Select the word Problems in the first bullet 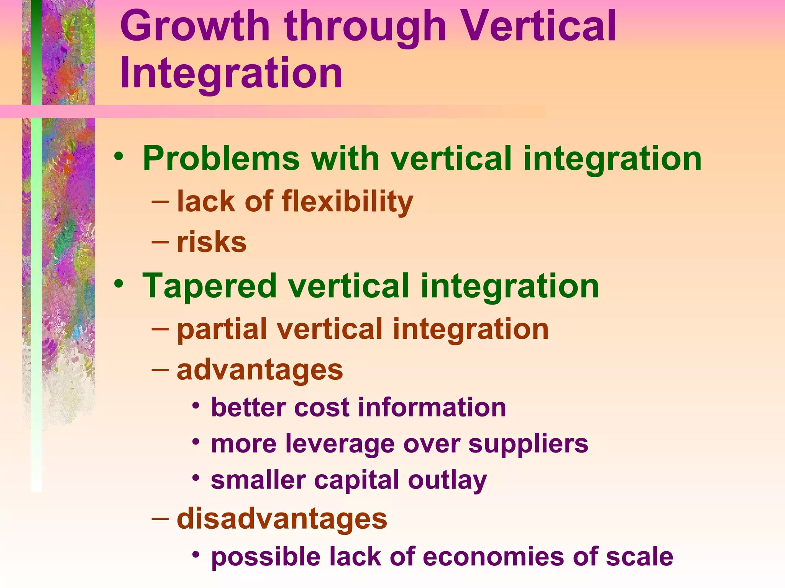click(221, 158)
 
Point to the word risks click(212, 242)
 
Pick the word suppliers click(528, 444)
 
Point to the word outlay click(447, 480)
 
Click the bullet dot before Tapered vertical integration click(119, 284)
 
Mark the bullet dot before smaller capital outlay click(196, 478)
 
